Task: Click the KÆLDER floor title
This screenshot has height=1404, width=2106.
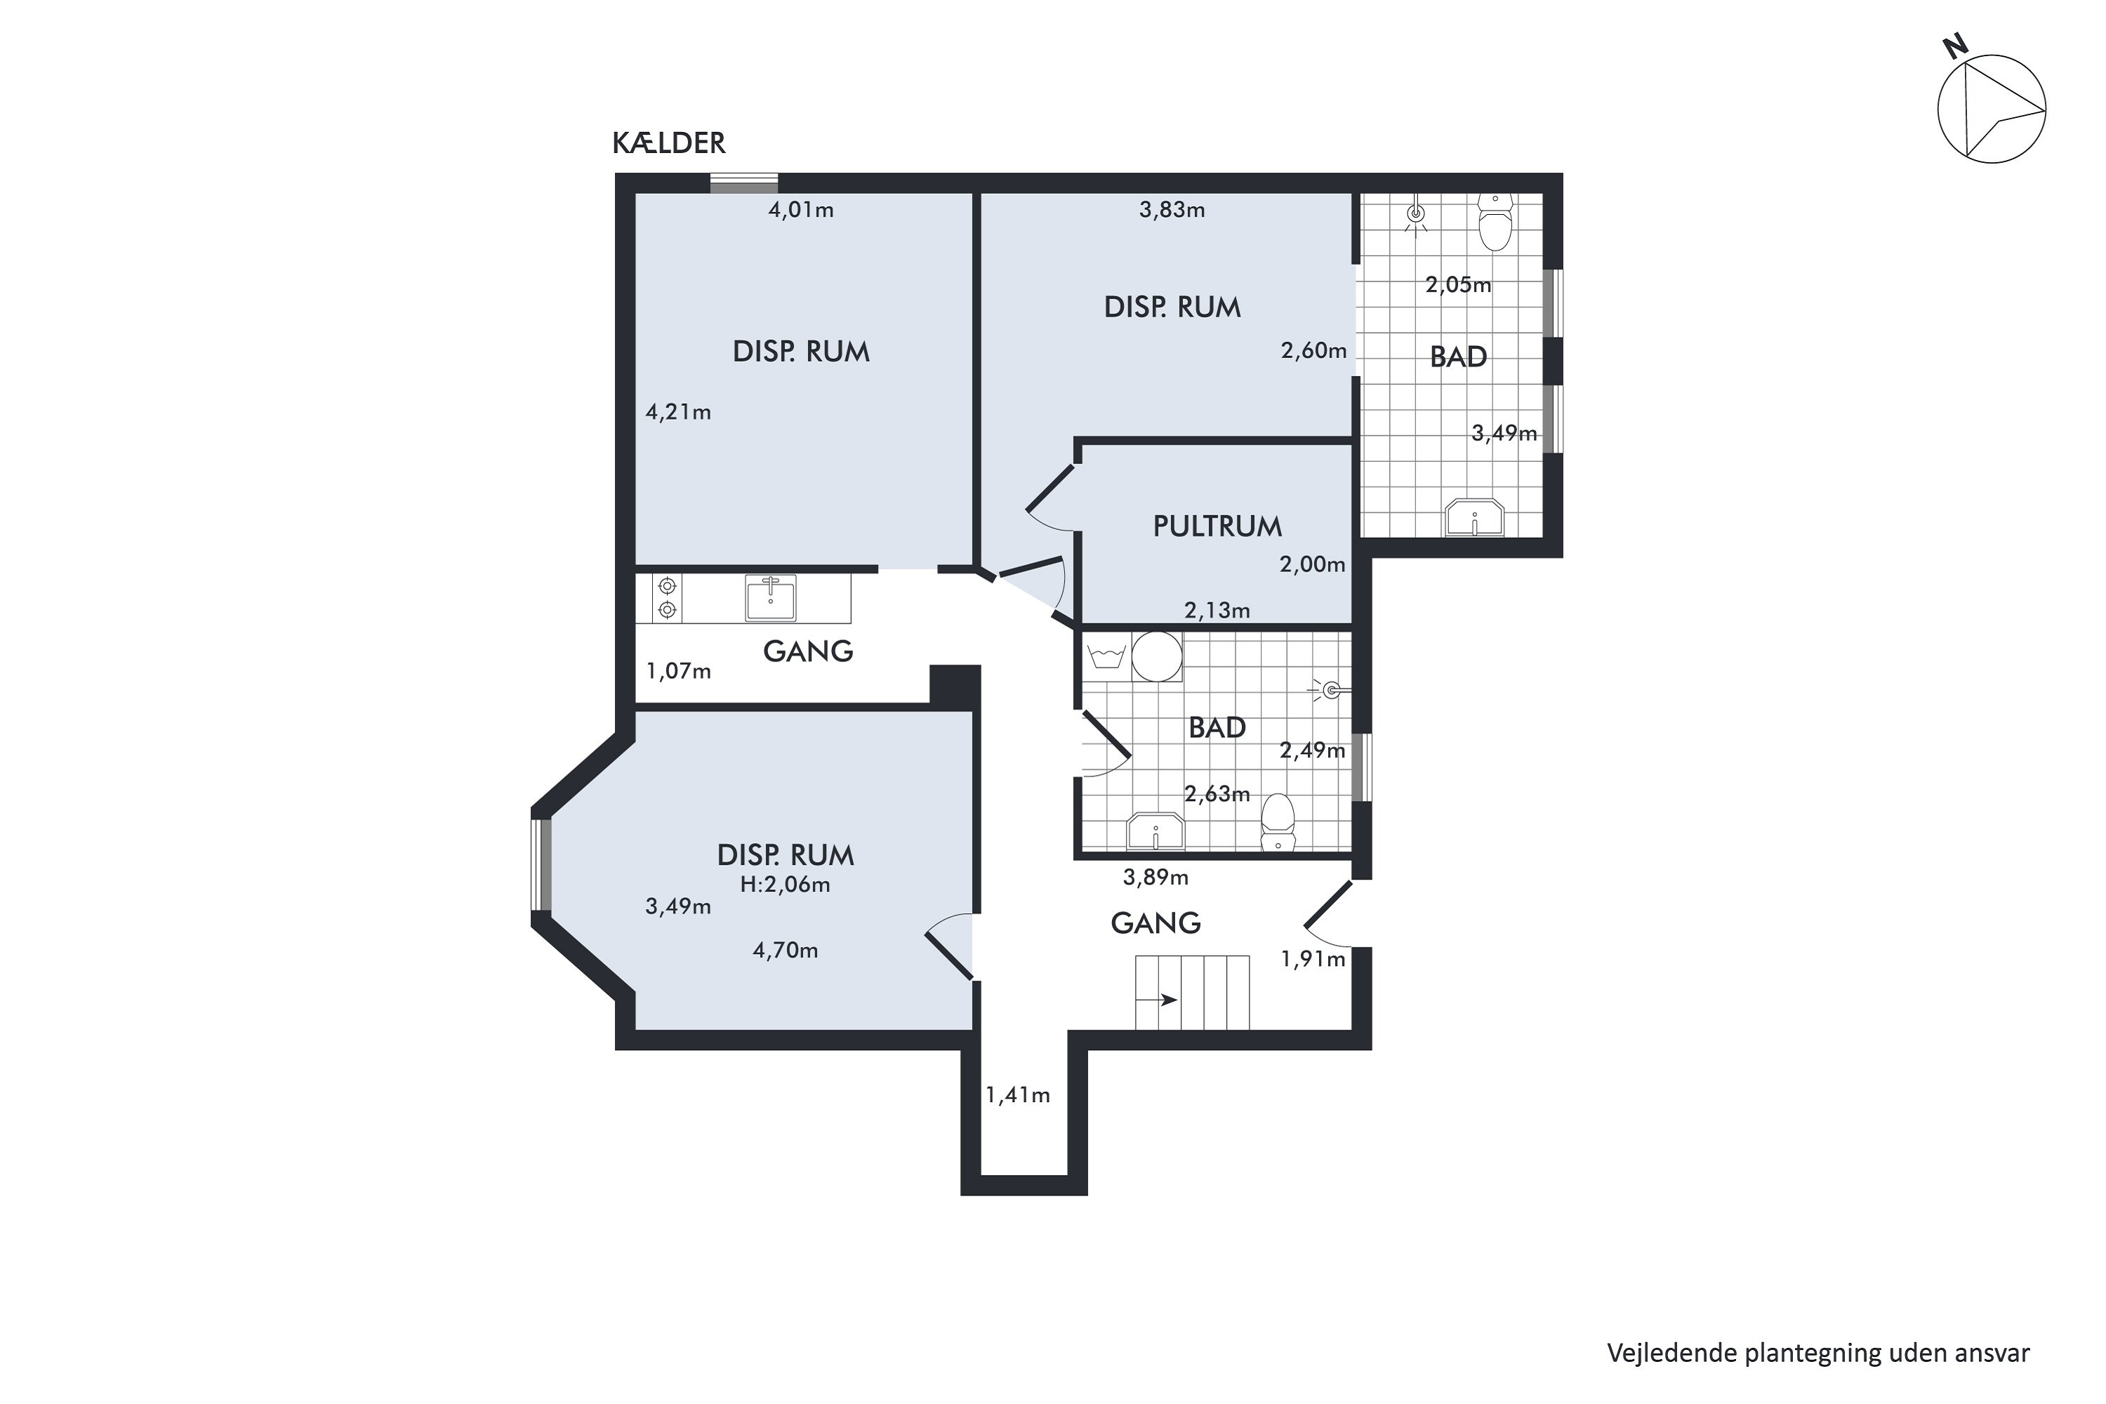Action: [x=668, y=143]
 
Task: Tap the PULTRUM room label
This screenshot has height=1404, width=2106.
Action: [x=1217, y=526]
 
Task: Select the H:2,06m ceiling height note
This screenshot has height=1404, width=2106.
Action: [x=786, y=885]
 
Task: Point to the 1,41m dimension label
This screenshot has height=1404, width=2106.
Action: [x=1018, y=1095]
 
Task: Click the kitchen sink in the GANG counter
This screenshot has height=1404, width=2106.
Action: [x=770, y=597]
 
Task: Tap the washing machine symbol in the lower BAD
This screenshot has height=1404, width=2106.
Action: [x=1107, y=656]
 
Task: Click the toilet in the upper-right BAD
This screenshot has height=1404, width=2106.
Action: [x=1495, y=221]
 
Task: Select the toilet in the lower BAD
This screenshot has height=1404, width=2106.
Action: [x=1278, y=822]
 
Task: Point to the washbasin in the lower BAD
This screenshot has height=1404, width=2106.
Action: [x=1156, y=831]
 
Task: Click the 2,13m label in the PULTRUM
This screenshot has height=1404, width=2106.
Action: [x=1217, y=611]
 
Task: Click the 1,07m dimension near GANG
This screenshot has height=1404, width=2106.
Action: [x=679, y=670]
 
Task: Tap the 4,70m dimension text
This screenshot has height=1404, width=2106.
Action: [x=786, y=950]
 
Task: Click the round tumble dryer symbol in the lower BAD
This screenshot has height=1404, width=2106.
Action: [x=1157, y=656]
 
